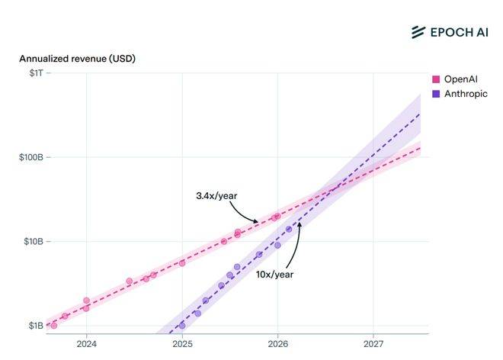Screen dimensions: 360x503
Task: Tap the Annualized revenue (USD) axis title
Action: click(77, 59)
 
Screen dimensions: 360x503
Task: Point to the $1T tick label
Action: click(34, 73)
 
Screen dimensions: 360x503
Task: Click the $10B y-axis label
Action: click(31, 242)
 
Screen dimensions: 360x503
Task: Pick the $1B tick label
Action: click(34, 326)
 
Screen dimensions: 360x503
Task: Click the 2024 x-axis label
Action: click(87, 344)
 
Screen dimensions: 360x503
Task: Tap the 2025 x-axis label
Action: click(182, 344)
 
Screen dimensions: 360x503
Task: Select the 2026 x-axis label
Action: click(278, 344)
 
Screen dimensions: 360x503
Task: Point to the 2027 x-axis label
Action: click(373, 344)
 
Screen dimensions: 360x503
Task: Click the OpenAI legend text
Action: click(460, 79)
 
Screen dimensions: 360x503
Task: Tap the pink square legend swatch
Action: click(437, 79)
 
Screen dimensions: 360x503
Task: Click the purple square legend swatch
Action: click(437, 94)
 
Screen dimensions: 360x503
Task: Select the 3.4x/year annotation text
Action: click(216, 196)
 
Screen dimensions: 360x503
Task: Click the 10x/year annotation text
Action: click(274, 275)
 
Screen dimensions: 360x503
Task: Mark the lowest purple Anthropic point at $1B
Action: click(181, 326)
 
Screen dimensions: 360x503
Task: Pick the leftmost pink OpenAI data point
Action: click(53, 326)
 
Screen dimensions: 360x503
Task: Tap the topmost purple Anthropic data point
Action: click(289, 229)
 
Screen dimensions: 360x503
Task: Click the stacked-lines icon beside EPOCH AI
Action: click(418, 32)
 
